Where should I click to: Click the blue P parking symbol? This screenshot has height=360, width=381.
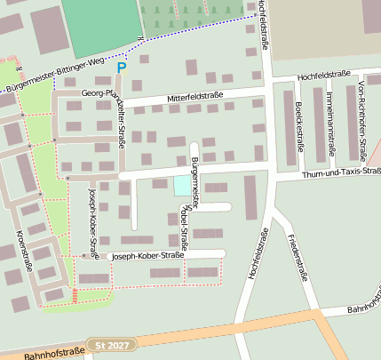[x=122, y=67]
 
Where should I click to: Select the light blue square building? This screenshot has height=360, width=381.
[x=182, y=186]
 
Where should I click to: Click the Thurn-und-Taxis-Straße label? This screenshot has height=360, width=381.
[x=343, y=172]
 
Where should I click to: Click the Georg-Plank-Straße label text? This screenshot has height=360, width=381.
[x=107, y=92]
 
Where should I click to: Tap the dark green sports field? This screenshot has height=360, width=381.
[x=100, y=23]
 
